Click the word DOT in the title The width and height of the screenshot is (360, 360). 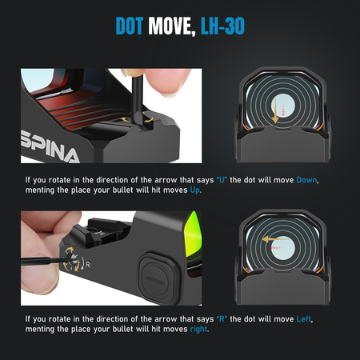tap(130, 26)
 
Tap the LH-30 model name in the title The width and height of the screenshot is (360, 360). tap(222, 26)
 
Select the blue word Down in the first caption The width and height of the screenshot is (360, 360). tap(306, 180)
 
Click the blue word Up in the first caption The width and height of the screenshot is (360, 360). tap(194, 190)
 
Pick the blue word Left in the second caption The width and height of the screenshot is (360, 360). tap(304, 319)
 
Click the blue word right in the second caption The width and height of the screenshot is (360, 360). tap(198, 330)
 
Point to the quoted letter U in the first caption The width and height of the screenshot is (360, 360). tap(222, 180)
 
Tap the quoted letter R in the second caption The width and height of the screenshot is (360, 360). tap(222, 319)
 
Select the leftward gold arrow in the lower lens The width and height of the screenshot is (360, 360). tap(275, 239)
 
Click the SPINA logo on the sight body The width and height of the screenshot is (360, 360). tap(50, 146)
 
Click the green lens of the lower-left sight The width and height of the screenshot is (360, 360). tap(193, 238)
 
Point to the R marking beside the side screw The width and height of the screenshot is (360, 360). tap(88, 265)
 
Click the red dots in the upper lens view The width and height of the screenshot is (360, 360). tap(283, 110)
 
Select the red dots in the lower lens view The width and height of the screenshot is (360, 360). tap(276, 248)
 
